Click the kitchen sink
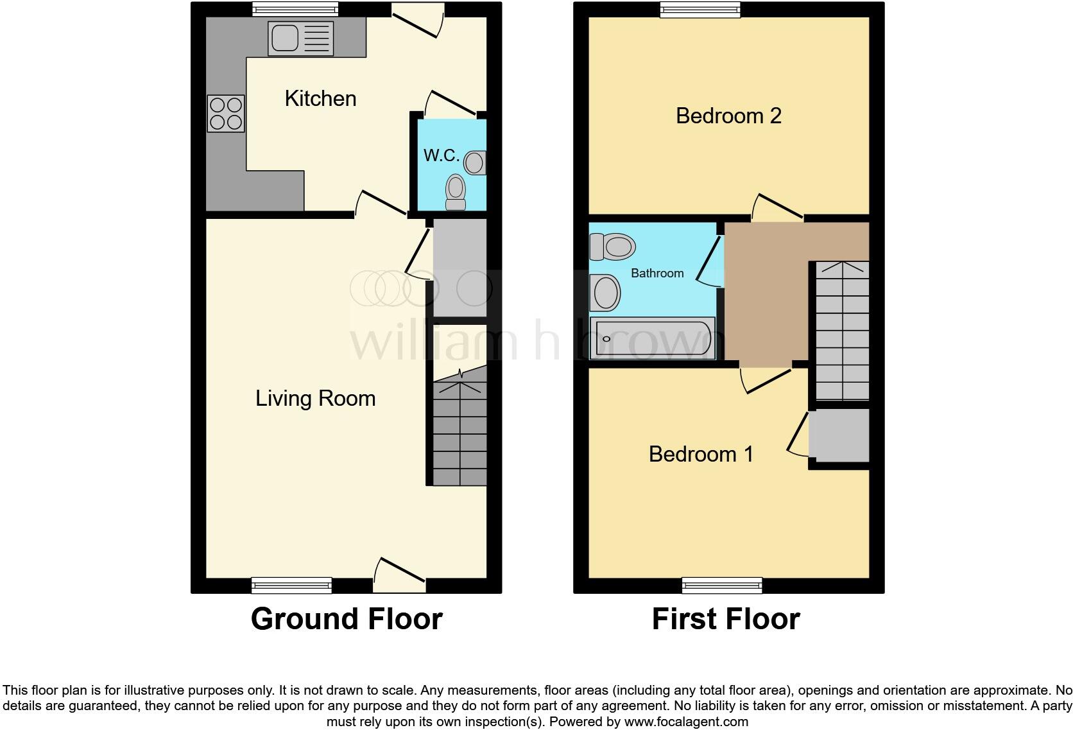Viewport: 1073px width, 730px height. click(300, 39)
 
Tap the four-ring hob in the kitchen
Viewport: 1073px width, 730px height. click(226, 114)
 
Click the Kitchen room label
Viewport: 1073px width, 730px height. click(320, 99)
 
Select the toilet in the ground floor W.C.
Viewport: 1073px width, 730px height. click(456, 191)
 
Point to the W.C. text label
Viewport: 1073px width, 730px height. click(441, 155)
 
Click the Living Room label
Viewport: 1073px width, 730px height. click(315, 399)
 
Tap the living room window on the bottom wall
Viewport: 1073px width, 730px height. click(291, 585)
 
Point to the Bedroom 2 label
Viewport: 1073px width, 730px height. click(728, 116)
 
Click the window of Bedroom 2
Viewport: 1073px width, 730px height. click(700, 10)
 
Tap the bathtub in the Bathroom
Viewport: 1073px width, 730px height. click(653, 338)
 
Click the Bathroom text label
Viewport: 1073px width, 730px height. click(657, 274)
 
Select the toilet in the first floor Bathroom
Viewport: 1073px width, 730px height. click(613, 247)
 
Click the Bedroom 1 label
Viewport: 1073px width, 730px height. click(701, 455)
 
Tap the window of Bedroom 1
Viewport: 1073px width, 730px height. click(722, 585)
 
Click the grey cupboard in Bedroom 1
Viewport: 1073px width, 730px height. click(838, 436)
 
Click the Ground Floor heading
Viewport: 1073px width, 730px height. click(347, 619)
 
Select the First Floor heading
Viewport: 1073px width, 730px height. click(726, 620)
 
